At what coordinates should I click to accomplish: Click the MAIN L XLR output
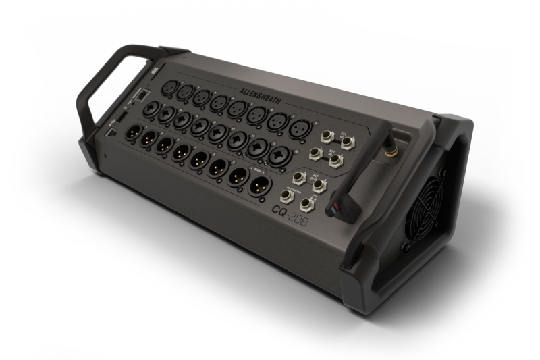point(239,176)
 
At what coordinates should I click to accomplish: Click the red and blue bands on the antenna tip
point(331,209)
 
